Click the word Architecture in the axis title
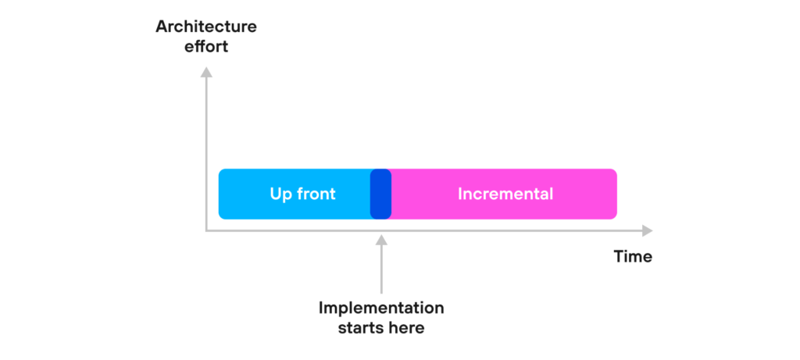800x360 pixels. (x=206, y=27)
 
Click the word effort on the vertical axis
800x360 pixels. (x=206, y=47)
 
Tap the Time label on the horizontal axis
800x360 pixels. (x=633, y=256)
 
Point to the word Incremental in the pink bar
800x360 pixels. (x=505, y=194)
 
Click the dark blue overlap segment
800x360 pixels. (x=380, y=194)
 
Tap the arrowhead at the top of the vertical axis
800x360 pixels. (x=206, y=72)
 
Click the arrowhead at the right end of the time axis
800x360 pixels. (x=648, y=231)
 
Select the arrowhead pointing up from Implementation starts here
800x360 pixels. (x=381, y=239)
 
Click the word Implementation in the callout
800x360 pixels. (x=381, y=308)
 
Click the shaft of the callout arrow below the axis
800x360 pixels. (x=381, y=269)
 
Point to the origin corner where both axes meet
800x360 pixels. (x=206, y=231)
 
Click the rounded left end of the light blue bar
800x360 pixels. (x=222, y=194)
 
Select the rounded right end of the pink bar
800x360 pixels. (x=613, y=194)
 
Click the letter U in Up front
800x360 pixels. (x=275, y=194)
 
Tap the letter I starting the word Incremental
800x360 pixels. (x=459, y=194)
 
